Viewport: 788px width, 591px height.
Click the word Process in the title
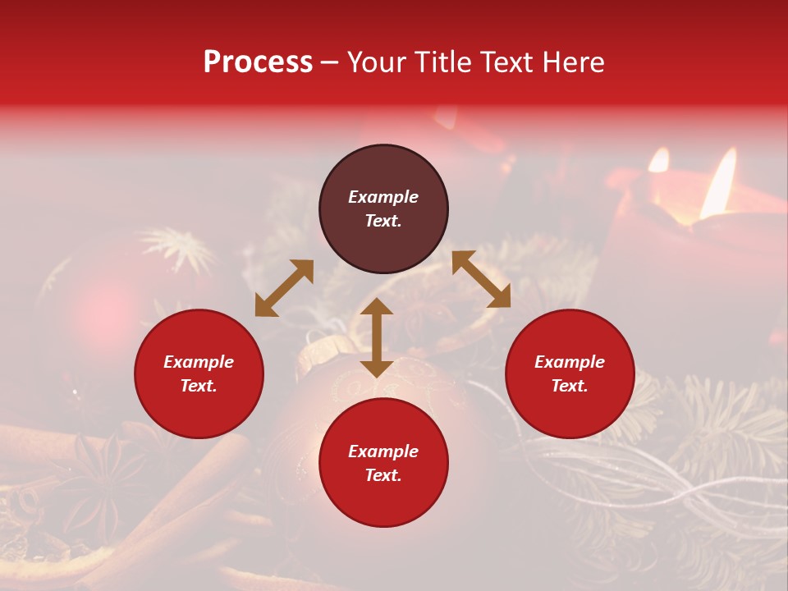tap(258, 62)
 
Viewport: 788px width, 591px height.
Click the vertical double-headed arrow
tap(377, 337)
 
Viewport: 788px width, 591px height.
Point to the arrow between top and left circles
tap(284, 288)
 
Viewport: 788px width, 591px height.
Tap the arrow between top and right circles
tap(481, 279)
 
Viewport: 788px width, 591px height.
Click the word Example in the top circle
tap(383, 197)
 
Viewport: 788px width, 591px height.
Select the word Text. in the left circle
tap(199, 386)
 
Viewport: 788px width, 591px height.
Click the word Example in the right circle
tap(570, 362)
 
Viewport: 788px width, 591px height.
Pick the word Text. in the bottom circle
tap(383, 475)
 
